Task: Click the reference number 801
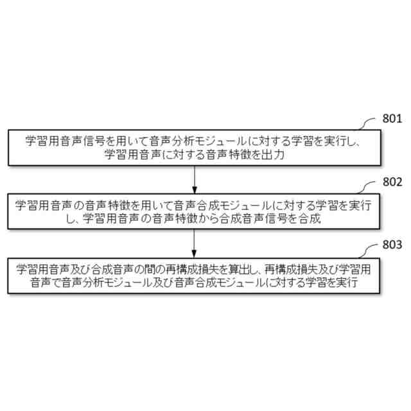click(392, 119)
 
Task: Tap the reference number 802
click(392, 182)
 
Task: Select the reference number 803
click(392, 245)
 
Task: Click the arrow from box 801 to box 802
click(195, 179)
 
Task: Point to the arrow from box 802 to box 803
click(195, 241)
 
